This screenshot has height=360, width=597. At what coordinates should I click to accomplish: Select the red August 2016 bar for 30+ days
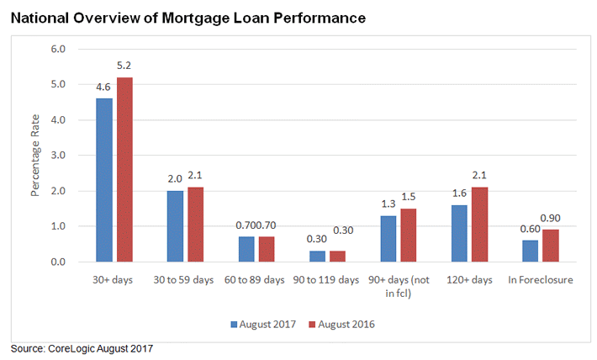point(124,170)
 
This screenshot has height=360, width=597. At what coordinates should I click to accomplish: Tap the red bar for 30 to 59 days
point(196,225)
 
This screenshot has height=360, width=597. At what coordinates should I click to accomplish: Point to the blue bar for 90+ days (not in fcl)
point(389,239)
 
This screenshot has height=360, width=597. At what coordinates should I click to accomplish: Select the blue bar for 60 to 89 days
point(245,250)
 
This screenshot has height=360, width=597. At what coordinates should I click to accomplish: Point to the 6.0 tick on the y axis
point(59,50)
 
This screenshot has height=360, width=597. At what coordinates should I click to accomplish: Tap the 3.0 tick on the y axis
point(59,156)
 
